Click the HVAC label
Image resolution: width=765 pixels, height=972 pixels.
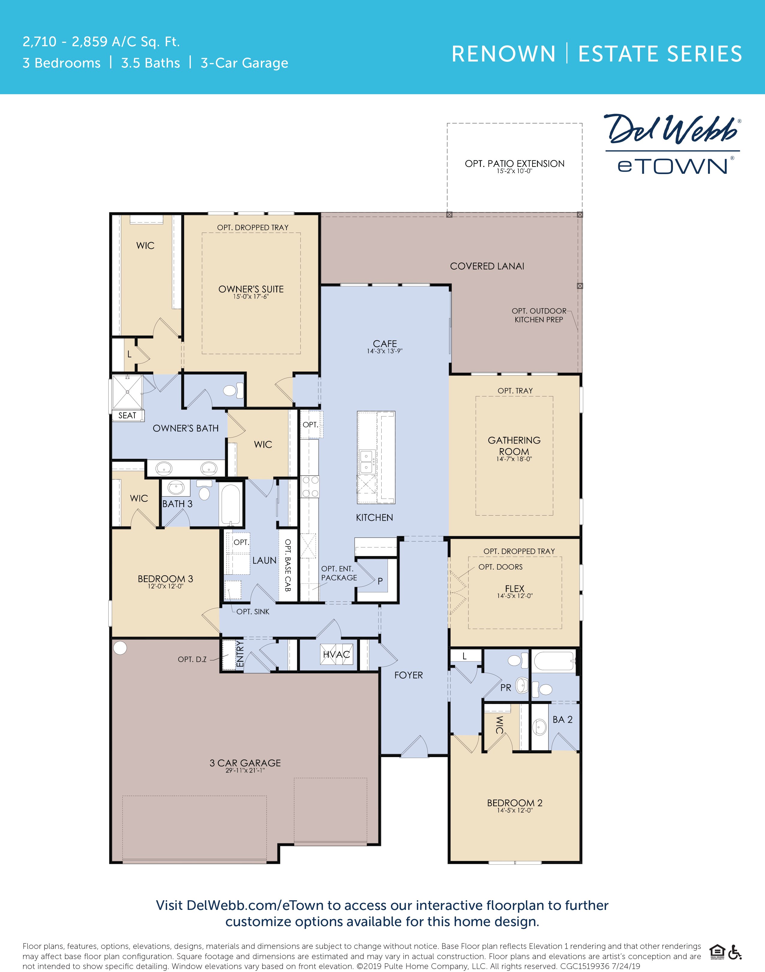point(336,655)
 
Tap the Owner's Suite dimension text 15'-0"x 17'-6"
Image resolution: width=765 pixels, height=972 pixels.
point(251,296)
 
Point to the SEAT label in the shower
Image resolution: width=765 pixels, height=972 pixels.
point(127,415)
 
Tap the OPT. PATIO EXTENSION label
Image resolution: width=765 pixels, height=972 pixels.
point(514,164)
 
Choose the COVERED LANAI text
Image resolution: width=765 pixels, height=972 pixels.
point(487,266)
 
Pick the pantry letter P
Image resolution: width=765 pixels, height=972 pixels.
point(380,581)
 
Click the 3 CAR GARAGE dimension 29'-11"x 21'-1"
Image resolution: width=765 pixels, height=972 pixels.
point(245,770)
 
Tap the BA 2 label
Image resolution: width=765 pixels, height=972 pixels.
point(562,719)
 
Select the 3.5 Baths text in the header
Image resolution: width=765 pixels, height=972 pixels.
point(151,63)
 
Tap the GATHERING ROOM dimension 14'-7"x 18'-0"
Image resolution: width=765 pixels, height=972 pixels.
point(514,459)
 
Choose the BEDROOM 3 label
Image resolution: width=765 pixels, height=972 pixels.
point(165,579)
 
